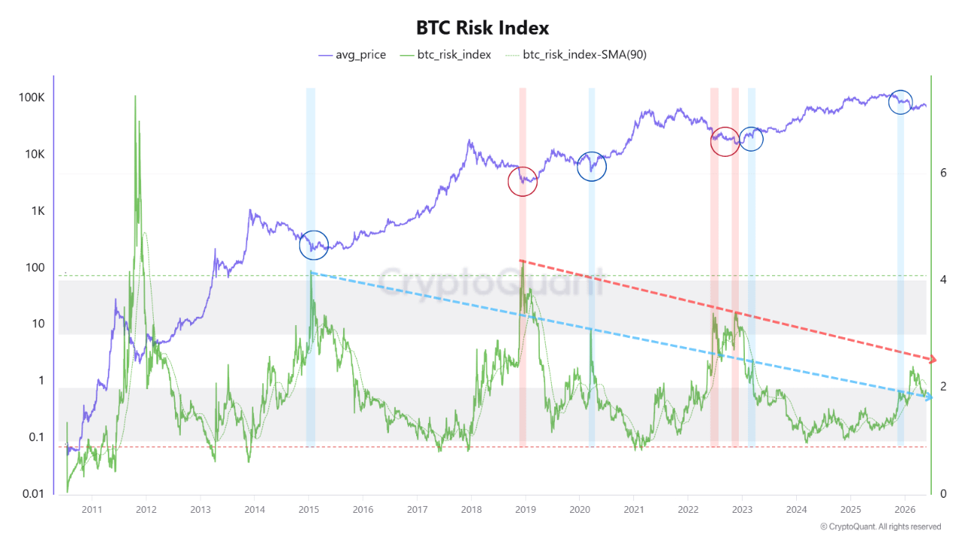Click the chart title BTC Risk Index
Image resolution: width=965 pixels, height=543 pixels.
pyautogui.click(x=482, y=28)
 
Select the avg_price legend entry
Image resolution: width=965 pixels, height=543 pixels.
pyautogui.click(x=352, y=55)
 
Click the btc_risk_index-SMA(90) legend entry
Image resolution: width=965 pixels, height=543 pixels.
pyautogui.click(x=576, y=55)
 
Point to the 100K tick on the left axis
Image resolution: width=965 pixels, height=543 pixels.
pyautogui.click(x=32, y=97)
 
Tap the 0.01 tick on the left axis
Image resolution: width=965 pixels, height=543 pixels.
pyautogui.click(x=33, y=494)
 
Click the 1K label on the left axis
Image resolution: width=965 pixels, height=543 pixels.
pyautogui.click(x=38, y=210)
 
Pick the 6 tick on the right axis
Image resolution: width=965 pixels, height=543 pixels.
pyautogui.click(x=943, y=173)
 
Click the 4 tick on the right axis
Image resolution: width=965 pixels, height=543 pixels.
pyautogui.click(x=943, y=280)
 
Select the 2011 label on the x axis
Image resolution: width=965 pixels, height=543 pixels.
pyautogui.click(x=92, y=510)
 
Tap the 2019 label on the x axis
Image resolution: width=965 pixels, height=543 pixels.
pyautogui.click(x=525, y=510)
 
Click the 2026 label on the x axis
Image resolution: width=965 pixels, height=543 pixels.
pyautogui.click(x=905, y=510)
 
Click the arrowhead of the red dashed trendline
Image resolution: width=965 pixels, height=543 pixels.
pyautogui.click(x=933, y=359)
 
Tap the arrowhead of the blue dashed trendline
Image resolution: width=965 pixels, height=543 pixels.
pyautogui.click(x=929, y=397)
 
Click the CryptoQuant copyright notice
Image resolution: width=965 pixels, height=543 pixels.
pyautogui.click(x=881, y=526)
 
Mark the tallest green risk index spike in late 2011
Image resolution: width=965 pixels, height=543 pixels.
pyautogui.click(x=135, y=97)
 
